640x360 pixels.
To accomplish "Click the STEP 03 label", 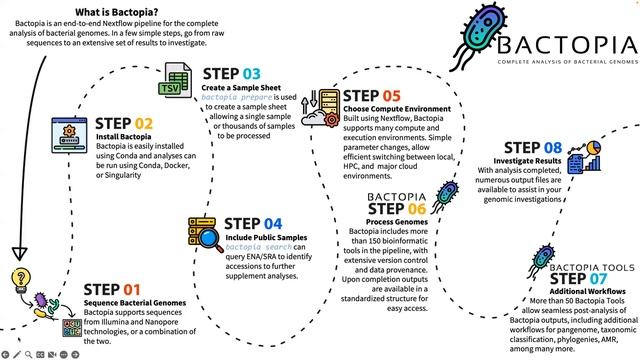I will coord(231,74).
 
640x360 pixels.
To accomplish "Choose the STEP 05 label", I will coord(371,97).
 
